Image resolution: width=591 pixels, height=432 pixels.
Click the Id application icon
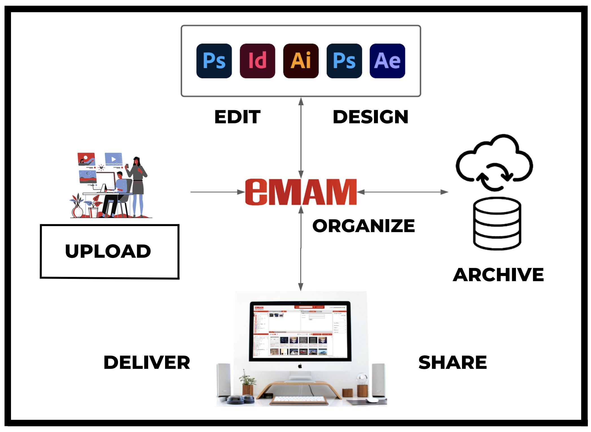click(257, 61)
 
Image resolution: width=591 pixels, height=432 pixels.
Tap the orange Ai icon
click(301, 61)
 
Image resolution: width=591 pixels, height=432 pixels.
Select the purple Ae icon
click(387, 61)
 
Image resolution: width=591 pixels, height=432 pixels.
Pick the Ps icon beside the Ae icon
click(344, 61)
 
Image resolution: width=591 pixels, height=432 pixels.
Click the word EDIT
click(237, 117)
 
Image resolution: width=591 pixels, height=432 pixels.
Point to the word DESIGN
click(370, 117)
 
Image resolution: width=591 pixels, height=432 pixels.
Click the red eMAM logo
click(301, 192)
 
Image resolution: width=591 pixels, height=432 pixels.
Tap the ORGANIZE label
click(364, 226)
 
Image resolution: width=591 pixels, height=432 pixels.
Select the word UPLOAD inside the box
click(108, 251)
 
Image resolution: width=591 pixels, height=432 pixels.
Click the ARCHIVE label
click(498, 275)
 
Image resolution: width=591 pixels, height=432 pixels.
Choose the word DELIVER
click(147, 362)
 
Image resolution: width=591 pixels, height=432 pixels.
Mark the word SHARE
click(452, 362)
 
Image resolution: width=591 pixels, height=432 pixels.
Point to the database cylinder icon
click(497, 223)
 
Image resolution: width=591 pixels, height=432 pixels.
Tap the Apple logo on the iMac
click(300, 366)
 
